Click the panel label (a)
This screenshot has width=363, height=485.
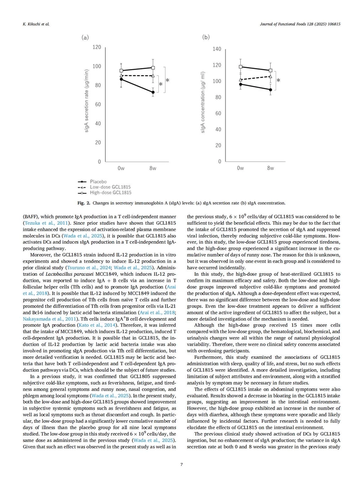click(x=85, y=37)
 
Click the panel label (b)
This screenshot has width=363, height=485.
click(x=206, y=37)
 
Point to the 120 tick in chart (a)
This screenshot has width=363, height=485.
click(x=97, y=47)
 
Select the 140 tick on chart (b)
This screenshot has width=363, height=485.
click(x=217, y=49)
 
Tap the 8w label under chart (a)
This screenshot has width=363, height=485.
click(x=153, y=168)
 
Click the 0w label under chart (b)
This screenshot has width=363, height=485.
click(x=240, y=168)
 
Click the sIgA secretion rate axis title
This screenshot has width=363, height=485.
click(x=86, y=101)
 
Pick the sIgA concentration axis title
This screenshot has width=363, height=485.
click(x=203, y=102)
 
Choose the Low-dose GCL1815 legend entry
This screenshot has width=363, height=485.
click(x=110, y=187)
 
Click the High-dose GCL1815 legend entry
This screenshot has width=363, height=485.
click(x=111, y=193)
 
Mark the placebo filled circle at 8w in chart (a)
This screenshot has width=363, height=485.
click(x=153, y=92)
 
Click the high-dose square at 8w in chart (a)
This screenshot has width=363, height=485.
click(x=153, y=68)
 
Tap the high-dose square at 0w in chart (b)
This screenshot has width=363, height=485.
click(x=240, y=67)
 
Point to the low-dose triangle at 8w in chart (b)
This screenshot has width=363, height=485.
click(x=271, y=77)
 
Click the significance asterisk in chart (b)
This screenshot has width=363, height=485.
click(x=278, y=80)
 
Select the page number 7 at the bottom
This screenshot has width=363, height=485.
click(x=182, y=464)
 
